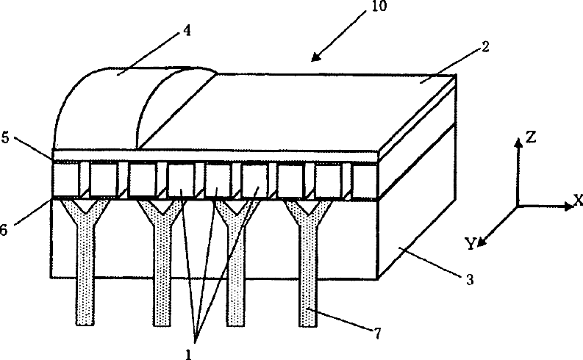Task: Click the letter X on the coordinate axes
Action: (x=578, y=198)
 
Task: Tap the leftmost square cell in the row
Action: (x=66, y=180)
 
